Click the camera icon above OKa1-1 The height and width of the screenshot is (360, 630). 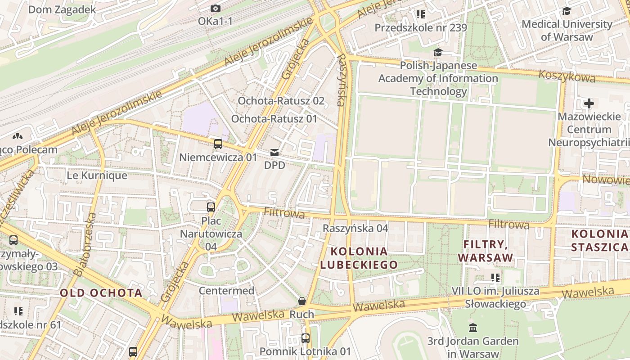point(216,9)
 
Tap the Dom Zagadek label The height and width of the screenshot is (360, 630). point(62,9)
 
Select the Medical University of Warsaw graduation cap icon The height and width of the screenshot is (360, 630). point(567,11)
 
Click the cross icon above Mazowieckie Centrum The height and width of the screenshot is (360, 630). point(589,104)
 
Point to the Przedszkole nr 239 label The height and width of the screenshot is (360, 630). point(421,28)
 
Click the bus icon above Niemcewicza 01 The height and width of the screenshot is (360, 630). point(218,144)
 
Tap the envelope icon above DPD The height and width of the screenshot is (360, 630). point(274,153)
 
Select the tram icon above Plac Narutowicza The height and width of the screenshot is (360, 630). point(211,207)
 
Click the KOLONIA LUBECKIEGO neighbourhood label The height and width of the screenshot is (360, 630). point(359,258)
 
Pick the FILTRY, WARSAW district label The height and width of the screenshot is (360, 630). point(486,251)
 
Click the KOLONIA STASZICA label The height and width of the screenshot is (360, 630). point(599,240)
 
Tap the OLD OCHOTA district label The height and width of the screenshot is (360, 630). point(101,293)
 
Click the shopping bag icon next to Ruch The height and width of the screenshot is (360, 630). point(302,301)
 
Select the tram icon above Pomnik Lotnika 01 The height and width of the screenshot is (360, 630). point(306,338)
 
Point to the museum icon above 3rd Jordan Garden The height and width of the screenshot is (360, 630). point(472,328)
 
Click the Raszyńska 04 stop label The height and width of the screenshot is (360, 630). point(355,228)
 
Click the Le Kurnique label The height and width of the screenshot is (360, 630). point(97,175)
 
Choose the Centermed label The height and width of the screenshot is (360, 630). point(226,291)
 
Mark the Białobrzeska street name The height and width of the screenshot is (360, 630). point(85,244)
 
